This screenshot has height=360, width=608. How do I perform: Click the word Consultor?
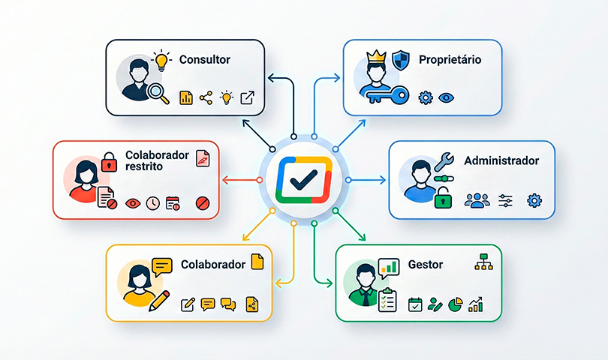coord(205,58)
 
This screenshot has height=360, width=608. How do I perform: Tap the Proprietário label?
coord(450,59)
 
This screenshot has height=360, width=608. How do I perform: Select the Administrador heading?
coord(501,160)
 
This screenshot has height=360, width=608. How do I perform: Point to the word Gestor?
coord(426,264)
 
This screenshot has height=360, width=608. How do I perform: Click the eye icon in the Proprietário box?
coord(447,97)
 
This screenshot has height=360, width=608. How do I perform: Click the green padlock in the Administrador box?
coord(444,198)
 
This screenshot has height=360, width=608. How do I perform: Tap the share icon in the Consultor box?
coord(206,97)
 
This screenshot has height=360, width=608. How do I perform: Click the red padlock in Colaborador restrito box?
coord(110,160)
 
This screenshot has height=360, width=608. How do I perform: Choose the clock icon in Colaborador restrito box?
coord(152,202)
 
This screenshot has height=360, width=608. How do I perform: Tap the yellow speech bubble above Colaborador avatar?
coord(162,265)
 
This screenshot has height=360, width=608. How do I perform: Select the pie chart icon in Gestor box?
coord(455,304)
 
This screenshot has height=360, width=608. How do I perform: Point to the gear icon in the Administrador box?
coord(534,200)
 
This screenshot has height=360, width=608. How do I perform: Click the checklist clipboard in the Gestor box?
coord(387,301)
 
